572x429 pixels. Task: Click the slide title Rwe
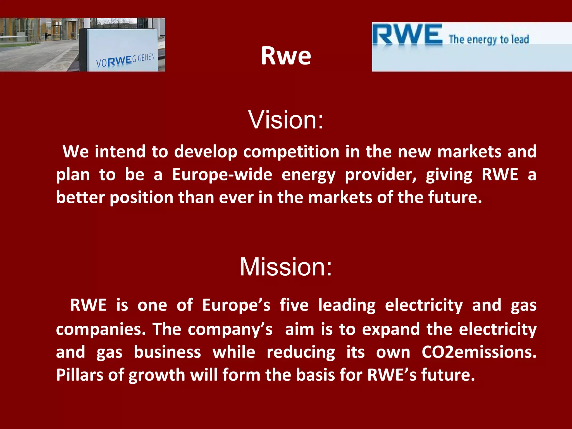coord(286,56)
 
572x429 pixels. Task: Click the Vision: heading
coord(286,120)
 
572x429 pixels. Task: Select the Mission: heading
coord(286,267)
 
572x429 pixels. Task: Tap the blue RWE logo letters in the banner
coord(407,35)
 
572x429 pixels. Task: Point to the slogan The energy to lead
coord(489,39)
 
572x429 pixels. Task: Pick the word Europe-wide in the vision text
coord(222,175)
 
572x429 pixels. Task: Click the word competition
coord(291,152)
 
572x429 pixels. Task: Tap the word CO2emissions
coord(479,352)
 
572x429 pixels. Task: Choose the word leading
coord(347,305)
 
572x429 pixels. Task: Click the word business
coord(167,352)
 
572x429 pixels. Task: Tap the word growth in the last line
coord(157,375)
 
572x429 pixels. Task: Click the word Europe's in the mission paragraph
coord(236,305)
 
